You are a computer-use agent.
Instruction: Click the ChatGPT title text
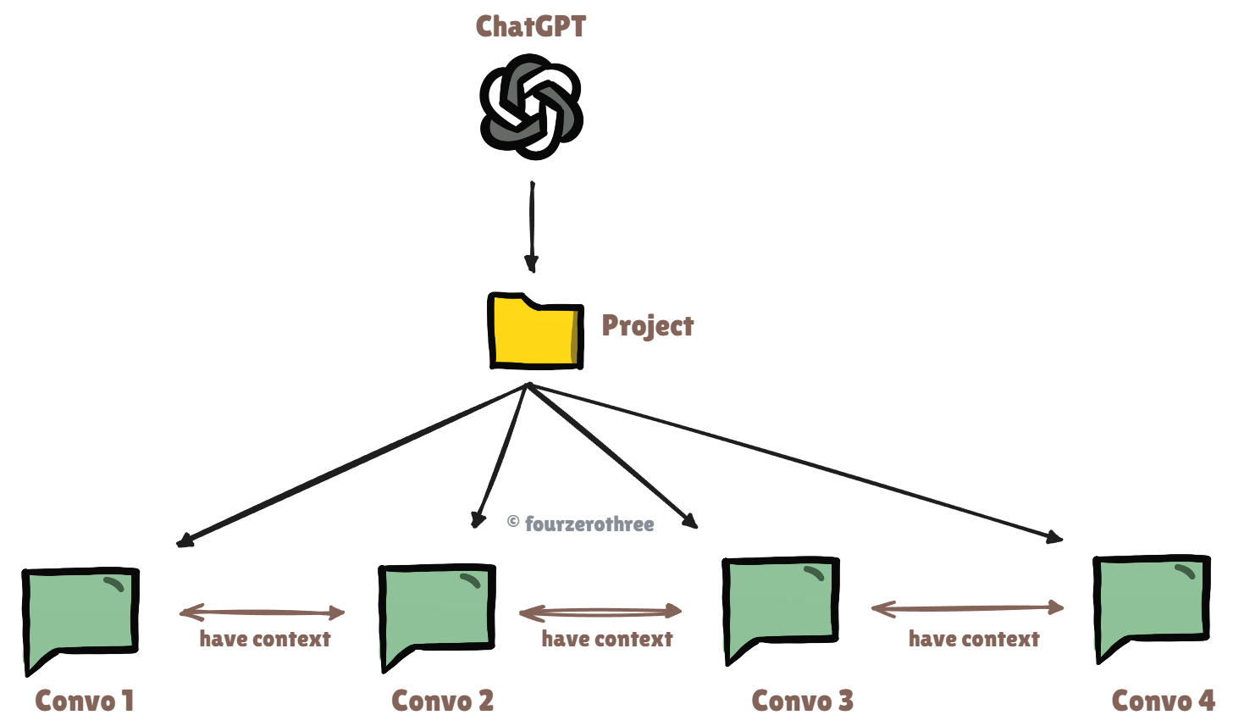click(530, 26)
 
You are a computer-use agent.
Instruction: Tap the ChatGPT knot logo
click(531, 107)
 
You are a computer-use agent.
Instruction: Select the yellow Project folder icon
click(535, 331)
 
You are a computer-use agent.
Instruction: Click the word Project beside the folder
click(647, 326)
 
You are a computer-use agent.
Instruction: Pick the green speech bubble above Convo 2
click(436, 609)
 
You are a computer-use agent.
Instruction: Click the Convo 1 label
click(85, 701)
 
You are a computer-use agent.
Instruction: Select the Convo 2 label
click(442, 701)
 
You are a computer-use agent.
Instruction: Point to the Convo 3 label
click(802, 701)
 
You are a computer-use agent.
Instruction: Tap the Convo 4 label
click(1163, 701)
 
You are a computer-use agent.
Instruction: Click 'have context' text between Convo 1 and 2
click(265, 639)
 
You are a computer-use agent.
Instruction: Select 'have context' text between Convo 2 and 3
click(607, 639)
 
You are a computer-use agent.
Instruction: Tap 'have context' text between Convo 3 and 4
click(974, 639)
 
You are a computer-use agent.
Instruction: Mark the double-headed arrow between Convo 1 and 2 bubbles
click(263, 612)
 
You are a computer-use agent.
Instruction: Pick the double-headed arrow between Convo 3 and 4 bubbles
click(967, 607)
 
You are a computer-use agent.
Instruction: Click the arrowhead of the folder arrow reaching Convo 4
click(1054, 536)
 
